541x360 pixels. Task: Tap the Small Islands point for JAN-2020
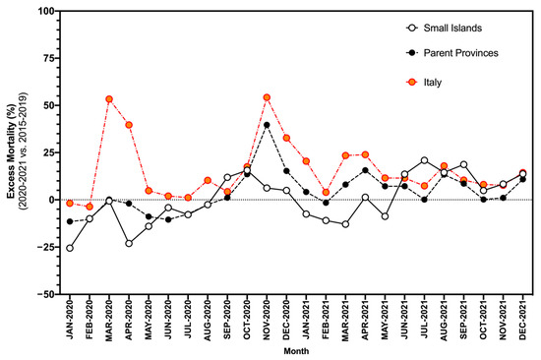(x=70, y=248)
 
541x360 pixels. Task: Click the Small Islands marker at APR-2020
(x=129, y=243)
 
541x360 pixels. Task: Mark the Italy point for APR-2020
(x=129, y=125)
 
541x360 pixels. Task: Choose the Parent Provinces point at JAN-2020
(x=70, y=221)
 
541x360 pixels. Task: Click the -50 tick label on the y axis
(x=44, y=294)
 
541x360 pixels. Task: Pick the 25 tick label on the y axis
(x=46, y=152)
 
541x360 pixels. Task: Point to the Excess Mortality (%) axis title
(x=12, y=152)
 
